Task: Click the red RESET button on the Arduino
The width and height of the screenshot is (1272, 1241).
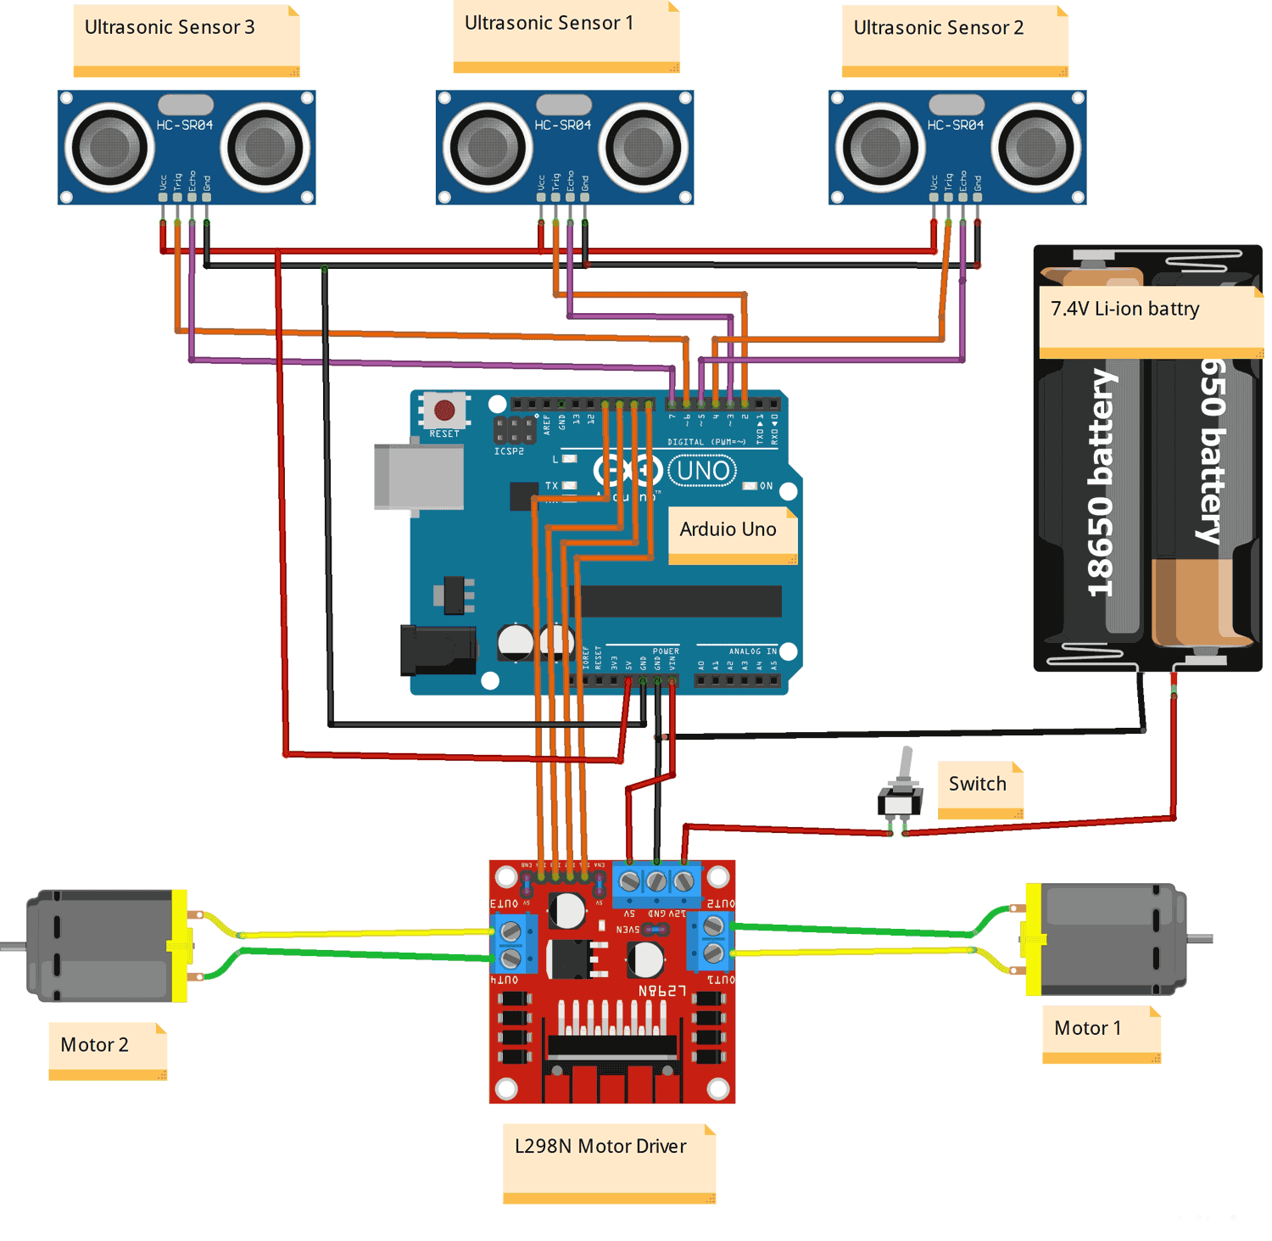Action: coord(444,411)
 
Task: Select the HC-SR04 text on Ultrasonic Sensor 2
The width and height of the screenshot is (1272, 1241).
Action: coord(955,125)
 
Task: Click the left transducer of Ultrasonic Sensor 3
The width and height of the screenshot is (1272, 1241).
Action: coord(109,148)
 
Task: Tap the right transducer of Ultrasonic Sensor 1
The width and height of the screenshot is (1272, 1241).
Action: coord(643,148)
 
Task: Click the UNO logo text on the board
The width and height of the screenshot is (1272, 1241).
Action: coord(703,471)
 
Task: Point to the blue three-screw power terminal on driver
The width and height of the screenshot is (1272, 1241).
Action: coord(656,883)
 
